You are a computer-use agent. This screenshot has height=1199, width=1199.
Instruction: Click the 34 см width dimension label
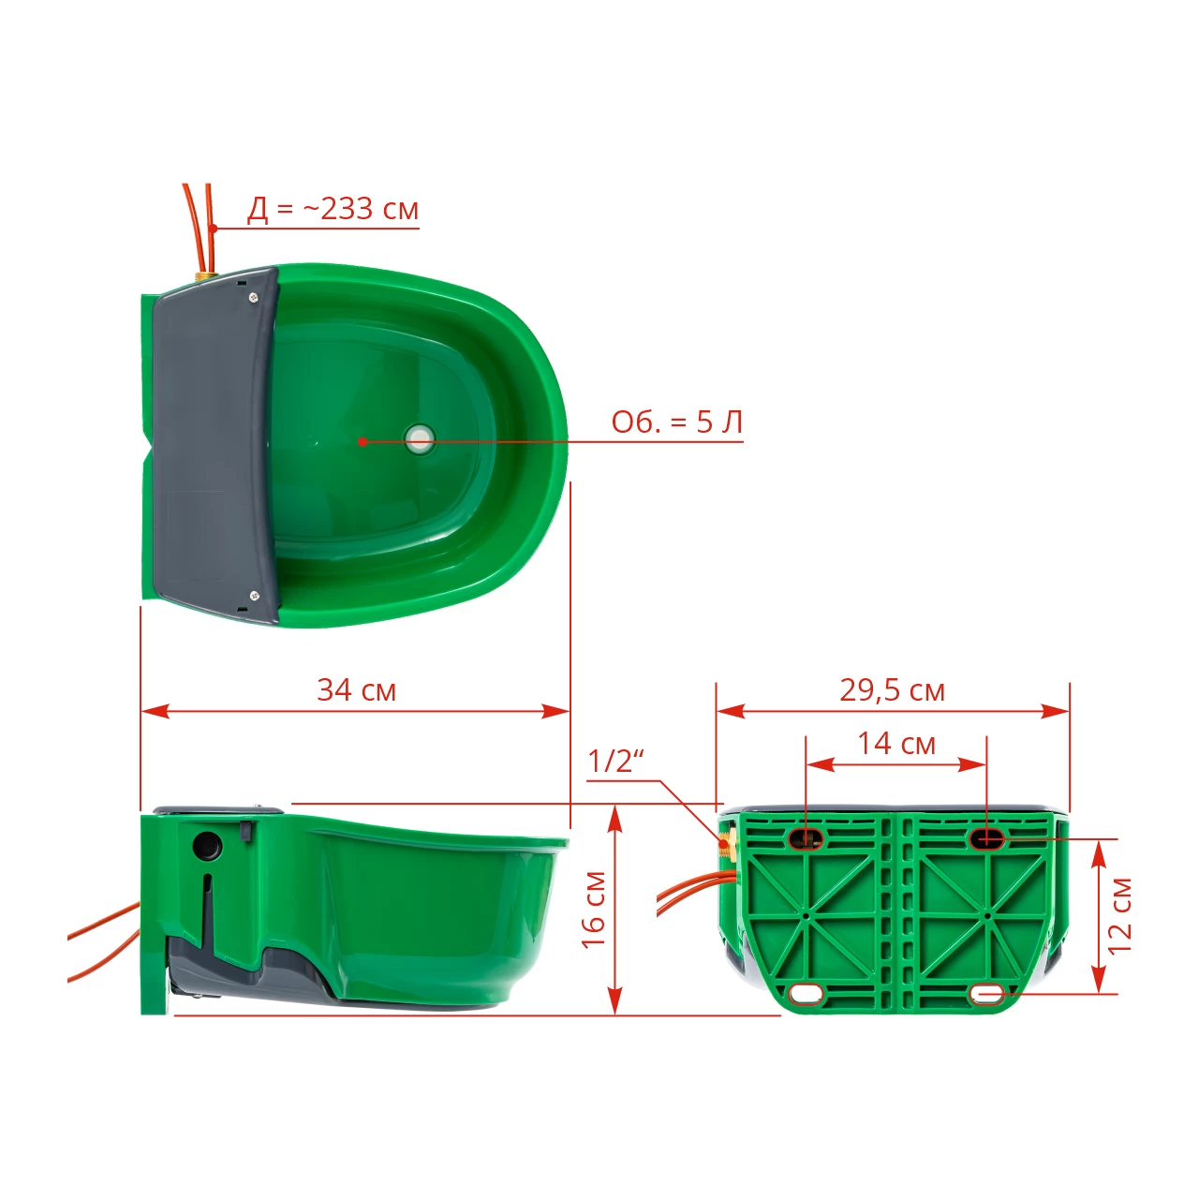pos(357,690)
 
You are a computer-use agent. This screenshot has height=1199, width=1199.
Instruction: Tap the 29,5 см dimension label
pos(893,690)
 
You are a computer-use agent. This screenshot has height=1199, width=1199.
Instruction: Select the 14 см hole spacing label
pos(896,744)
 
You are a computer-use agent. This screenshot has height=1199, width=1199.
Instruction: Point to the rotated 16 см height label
pos(594,910)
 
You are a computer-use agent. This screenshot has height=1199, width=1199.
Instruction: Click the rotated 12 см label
pos(1119,916)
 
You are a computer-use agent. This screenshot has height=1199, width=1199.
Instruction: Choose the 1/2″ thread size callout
pos(615,761)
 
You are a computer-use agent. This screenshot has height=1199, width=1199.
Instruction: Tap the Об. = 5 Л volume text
pos(677,422)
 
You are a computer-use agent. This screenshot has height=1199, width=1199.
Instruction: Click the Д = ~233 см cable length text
pos(333,209)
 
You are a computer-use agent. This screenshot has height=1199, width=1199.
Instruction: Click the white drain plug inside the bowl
pos(420,440)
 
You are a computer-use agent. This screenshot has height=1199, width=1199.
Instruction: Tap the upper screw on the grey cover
pos(253,298)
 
